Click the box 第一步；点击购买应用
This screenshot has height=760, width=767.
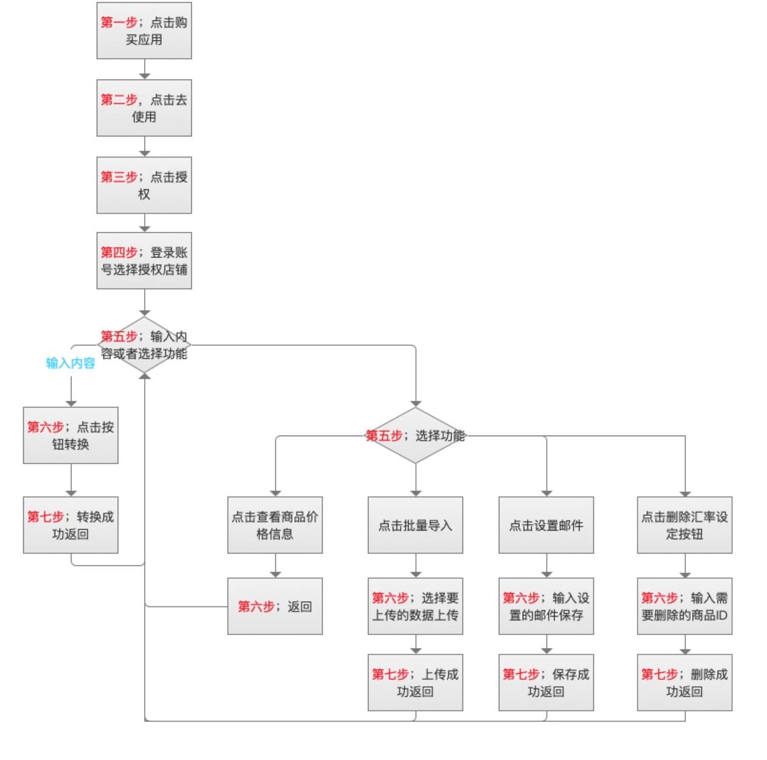point(144,31)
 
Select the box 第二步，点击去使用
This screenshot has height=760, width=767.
point(144,108)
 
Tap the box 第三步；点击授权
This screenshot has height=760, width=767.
point(144,185)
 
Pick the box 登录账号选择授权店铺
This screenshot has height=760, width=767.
point(144,261)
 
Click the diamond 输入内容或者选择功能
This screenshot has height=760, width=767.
point(144,345)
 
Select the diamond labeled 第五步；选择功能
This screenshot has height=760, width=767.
point(415,435)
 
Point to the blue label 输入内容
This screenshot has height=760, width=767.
point(70,363)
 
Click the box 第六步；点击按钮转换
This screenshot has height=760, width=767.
point(70,435)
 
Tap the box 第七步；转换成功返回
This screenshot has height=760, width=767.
point(70,525)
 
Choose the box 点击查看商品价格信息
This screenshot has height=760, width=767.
point(274,525)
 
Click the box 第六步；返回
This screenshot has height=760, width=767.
point(274,606)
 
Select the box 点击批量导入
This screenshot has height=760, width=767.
point(415,525)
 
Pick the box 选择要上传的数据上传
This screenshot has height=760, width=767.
point(415,606)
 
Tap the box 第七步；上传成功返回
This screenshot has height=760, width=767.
point(415,682)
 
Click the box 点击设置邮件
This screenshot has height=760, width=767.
point(546,525)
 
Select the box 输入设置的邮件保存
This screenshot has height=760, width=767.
point(546,606)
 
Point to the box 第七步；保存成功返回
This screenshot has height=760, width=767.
point(546,682)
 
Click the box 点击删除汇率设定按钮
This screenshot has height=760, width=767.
point(685,525)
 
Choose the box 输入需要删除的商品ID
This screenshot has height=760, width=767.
point(685,606)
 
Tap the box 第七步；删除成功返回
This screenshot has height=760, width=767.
point(685,682)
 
